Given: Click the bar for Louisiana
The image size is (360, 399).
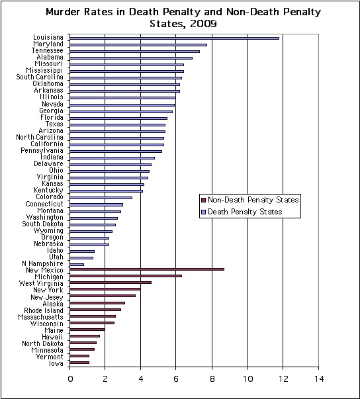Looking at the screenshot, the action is [174, 38].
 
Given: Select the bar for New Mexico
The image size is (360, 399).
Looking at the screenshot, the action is [147, 269].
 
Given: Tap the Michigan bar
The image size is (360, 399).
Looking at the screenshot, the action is [126, 276].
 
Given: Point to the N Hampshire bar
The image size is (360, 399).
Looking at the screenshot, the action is [77, 265].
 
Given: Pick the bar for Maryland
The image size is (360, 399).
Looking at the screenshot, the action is [138, 45].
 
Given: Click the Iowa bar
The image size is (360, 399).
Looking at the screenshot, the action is [79, 363].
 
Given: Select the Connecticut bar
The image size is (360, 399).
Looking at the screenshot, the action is [96, 204].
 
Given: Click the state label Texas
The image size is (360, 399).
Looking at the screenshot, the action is [54, 124].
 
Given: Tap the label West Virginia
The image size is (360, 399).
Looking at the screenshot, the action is [41, 283].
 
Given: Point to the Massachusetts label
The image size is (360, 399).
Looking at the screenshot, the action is [40, 317].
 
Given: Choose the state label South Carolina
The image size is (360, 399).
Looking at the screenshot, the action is [40, 77].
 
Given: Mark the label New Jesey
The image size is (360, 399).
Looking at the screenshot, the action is [47, 297].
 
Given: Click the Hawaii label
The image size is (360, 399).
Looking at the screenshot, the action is [52, 337].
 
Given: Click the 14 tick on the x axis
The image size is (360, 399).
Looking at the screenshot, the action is [318, 379].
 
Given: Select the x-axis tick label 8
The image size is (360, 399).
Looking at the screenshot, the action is [212, 379].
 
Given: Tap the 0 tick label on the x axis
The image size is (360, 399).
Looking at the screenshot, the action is [70, 379].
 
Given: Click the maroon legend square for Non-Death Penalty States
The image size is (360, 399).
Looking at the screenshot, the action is [203, 200].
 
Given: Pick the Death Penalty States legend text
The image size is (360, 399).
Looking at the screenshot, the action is [245, 212].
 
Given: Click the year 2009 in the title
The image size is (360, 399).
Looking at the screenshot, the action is [203, 24].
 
